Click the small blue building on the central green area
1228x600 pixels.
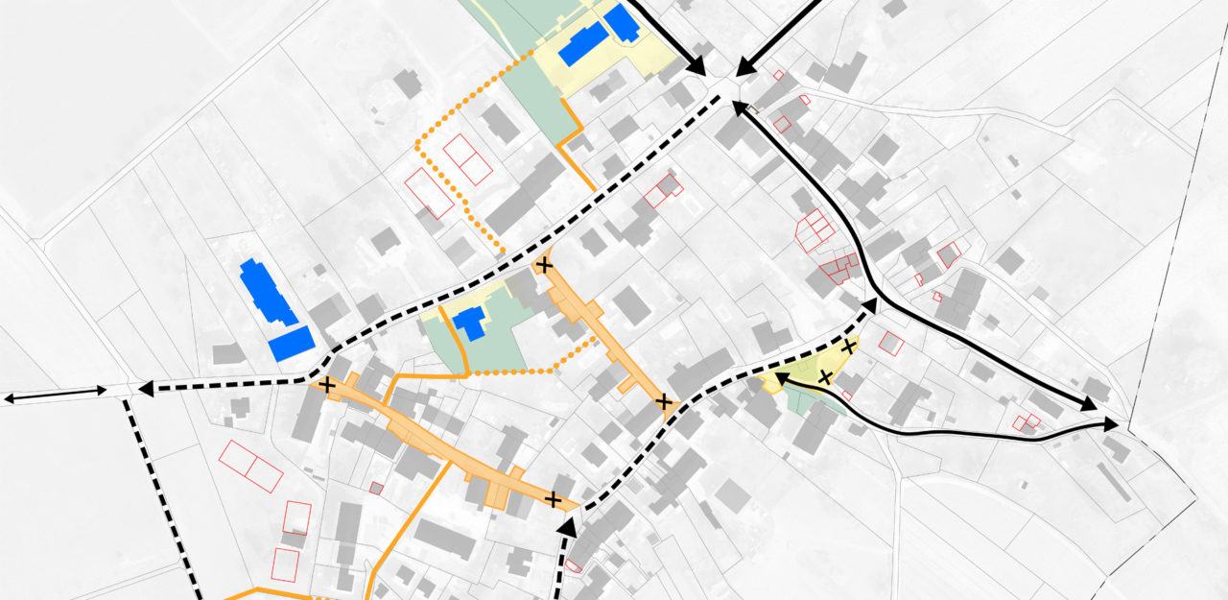(470, 322)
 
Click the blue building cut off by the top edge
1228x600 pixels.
(622, 22)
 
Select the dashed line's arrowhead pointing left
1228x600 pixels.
(146, 389)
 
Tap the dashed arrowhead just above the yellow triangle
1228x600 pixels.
(869, 306)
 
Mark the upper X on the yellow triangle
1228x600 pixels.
(849, 346)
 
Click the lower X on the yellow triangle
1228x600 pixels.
(825, 376)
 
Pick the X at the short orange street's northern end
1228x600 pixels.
(545, 265)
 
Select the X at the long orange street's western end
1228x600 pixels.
(328, 386)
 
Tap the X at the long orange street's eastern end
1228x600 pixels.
(553, 499)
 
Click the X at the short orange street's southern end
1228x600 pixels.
(663, 401)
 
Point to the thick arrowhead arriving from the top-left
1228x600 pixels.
(698, 66)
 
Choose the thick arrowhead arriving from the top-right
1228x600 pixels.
(746, 67)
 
